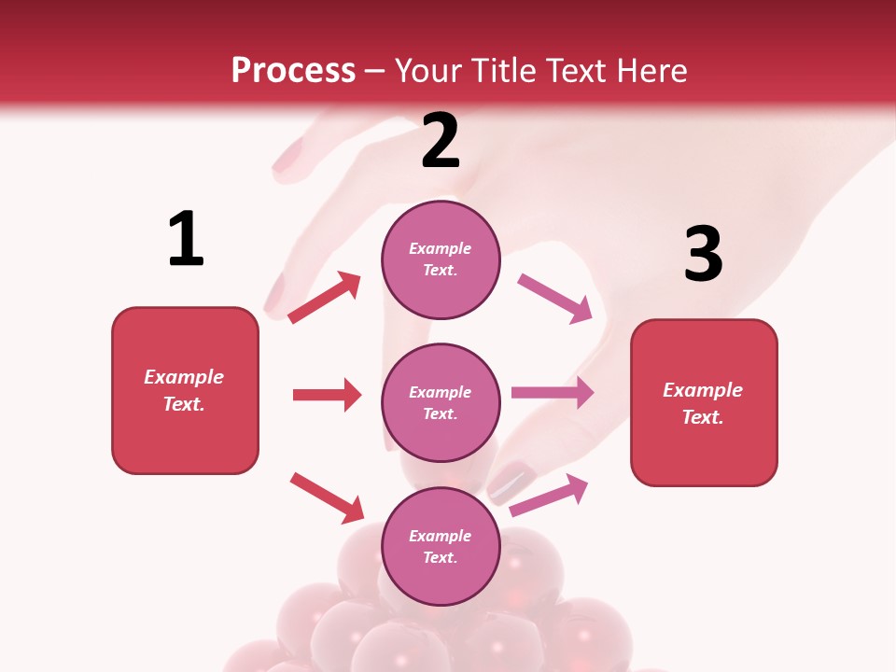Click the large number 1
pos(186,239)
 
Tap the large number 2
pos(441,141)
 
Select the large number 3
pos(703,254)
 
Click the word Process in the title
pos(293,70)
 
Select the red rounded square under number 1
pos(185,390)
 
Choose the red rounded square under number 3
pos(704,402)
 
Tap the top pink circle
pos(441,259)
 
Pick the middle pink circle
pos(441,402)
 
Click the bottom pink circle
pos(441,546)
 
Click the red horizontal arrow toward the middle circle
pos(327,395)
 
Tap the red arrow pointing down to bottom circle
pos(328,497)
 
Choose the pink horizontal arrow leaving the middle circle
pos(553,392)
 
